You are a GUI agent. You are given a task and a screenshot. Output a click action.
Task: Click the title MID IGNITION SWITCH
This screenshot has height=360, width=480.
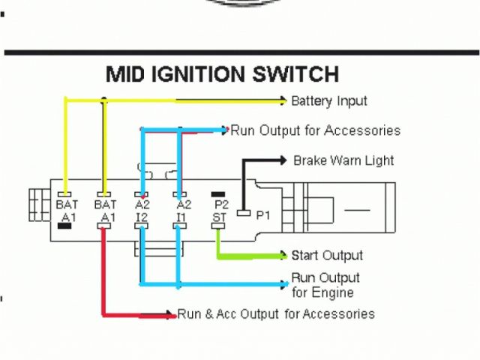[x=222, y=75]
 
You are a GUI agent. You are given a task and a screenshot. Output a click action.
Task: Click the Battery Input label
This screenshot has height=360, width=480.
[x=329, y=100]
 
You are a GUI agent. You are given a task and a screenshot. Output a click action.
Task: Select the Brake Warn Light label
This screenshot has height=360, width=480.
[x=343, y=160]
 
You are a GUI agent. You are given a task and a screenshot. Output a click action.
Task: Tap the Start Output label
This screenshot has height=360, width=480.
[x=327, y=256]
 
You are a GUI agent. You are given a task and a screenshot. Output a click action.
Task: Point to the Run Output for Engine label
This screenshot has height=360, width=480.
[x=325, y=285]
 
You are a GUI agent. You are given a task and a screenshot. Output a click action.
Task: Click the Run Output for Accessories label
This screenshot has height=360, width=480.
[x=315, y=130]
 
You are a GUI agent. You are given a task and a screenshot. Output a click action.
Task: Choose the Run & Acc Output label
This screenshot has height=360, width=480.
[x=276, y=314]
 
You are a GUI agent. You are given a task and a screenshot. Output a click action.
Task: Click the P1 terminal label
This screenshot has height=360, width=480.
[x=263, y=215]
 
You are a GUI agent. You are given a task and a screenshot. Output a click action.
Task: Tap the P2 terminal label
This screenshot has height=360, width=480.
[x=220, y=204]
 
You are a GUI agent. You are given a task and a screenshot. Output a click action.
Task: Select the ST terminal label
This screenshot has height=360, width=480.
[x=220, y=218]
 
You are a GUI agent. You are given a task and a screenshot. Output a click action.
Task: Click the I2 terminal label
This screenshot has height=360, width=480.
[x=142, y=218]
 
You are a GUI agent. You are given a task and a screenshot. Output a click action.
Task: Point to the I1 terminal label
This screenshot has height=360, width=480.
[x=181, y=218]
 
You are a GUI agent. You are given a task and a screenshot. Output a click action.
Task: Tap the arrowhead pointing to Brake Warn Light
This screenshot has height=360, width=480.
[x=283, y=160]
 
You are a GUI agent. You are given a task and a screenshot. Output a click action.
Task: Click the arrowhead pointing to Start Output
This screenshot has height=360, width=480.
[x=283, y=256]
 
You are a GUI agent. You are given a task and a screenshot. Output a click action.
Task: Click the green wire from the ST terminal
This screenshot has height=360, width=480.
[x=240, y=256]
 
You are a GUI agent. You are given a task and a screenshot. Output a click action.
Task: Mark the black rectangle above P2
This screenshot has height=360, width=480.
[x=219, y=194]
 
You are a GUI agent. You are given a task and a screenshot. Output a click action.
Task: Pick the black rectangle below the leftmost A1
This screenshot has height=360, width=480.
[x=66, y=227]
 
